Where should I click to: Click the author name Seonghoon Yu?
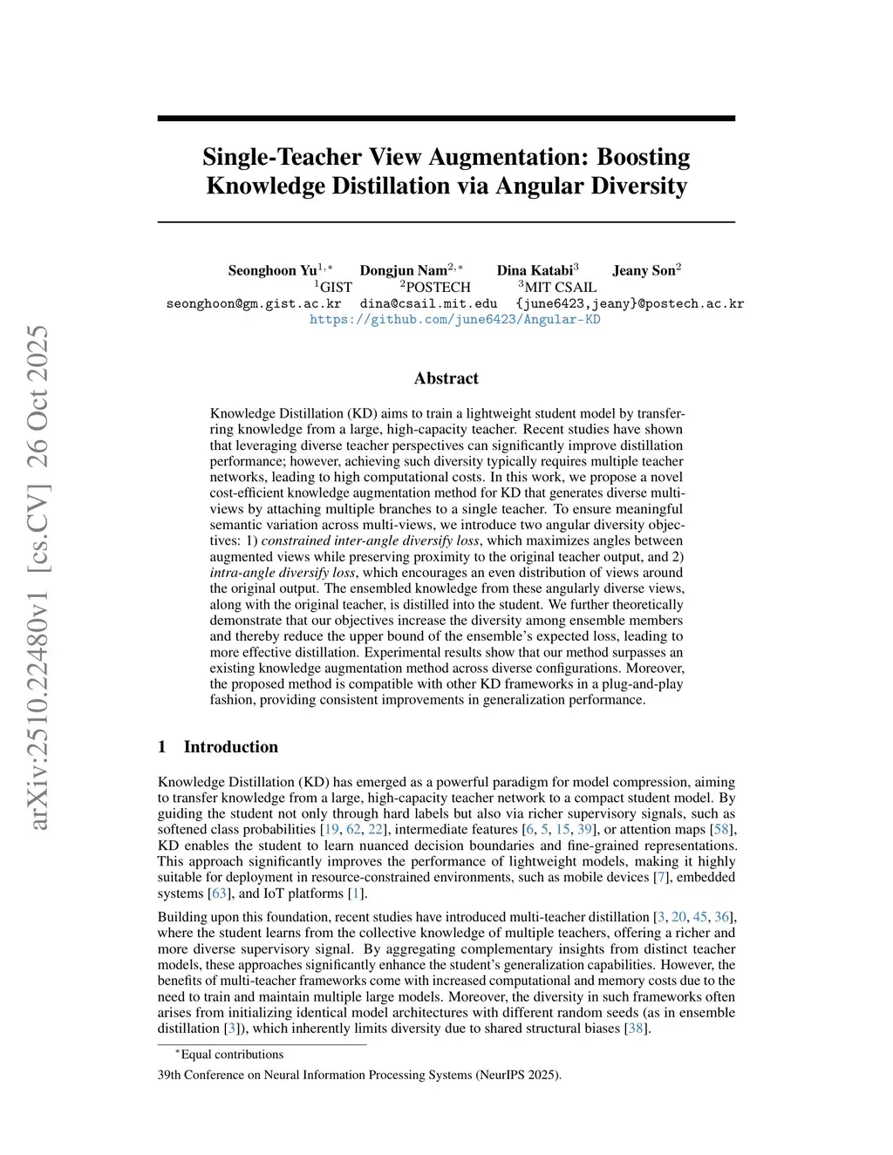coord(273,270)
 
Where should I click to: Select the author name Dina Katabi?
coord(535,270)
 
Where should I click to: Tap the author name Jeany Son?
coord(644,270)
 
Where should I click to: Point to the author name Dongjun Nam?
coord(404,270)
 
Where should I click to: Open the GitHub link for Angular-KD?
coord(455,319)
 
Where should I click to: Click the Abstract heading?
coord(446,378)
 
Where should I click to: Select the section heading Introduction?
coord(230,747)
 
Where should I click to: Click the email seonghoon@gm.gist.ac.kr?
coord(254,303)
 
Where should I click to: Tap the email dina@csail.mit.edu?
coord(428,303)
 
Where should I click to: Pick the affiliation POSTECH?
coord(438,287)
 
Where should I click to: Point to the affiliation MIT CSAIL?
coord(561,287)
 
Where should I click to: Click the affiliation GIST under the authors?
coord(336,287)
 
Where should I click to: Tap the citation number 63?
coord(219,893)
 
